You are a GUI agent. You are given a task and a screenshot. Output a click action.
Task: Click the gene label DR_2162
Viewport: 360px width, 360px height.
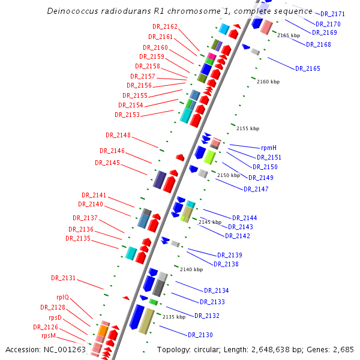165,26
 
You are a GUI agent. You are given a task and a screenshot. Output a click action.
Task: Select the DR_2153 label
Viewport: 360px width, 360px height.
127,115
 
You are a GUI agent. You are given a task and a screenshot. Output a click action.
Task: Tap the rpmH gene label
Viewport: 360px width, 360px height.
268,147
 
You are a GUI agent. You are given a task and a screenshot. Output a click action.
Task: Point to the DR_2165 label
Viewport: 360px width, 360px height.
308,68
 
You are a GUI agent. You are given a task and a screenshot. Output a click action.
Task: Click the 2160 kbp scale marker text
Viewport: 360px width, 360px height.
268,82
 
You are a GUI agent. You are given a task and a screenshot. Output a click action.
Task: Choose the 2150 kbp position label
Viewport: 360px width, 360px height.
229,175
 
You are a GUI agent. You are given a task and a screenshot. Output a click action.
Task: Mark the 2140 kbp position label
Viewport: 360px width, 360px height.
191,269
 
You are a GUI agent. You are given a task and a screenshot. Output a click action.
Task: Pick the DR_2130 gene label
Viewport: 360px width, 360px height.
200,334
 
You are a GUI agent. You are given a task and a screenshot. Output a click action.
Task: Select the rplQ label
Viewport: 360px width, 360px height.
63,297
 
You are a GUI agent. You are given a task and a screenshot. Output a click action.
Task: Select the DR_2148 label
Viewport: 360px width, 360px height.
118,135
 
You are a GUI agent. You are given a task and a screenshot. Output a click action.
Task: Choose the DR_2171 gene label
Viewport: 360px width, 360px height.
332,13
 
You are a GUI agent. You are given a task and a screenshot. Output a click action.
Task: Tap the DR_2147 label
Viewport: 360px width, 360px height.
256,189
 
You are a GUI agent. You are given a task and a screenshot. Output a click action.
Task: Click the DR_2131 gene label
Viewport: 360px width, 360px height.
64,278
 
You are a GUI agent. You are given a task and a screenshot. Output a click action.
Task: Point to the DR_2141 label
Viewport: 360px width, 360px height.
94,195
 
